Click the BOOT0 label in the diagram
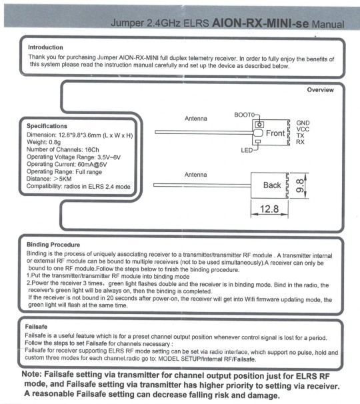[x=244, y=115]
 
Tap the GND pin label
[x=303, y=123]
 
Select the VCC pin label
[x=303, y=129]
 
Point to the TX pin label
[x=300, y=135]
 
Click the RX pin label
[x=300, y=142]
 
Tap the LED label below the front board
[x=247, y=151]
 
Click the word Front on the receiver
[x=275, y=133]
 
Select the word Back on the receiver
[x=272, y=185]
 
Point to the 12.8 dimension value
[x=269, y=209]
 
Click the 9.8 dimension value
[x=300, y=186]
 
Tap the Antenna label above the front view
[x=196, y=119]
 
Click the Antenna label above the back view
[x=195, y=175]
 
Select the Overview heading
[x=320, y=90]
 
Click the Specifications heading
[x=47, y=126]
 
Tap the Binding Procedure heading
[x=53, y=245]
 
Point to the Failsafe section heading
[x=36, y=327]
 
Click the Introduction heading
[x=45, y=47]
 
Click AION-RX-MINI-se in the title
[x=260, y=23]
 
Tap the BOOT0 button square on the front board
[x=259, y=125]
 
